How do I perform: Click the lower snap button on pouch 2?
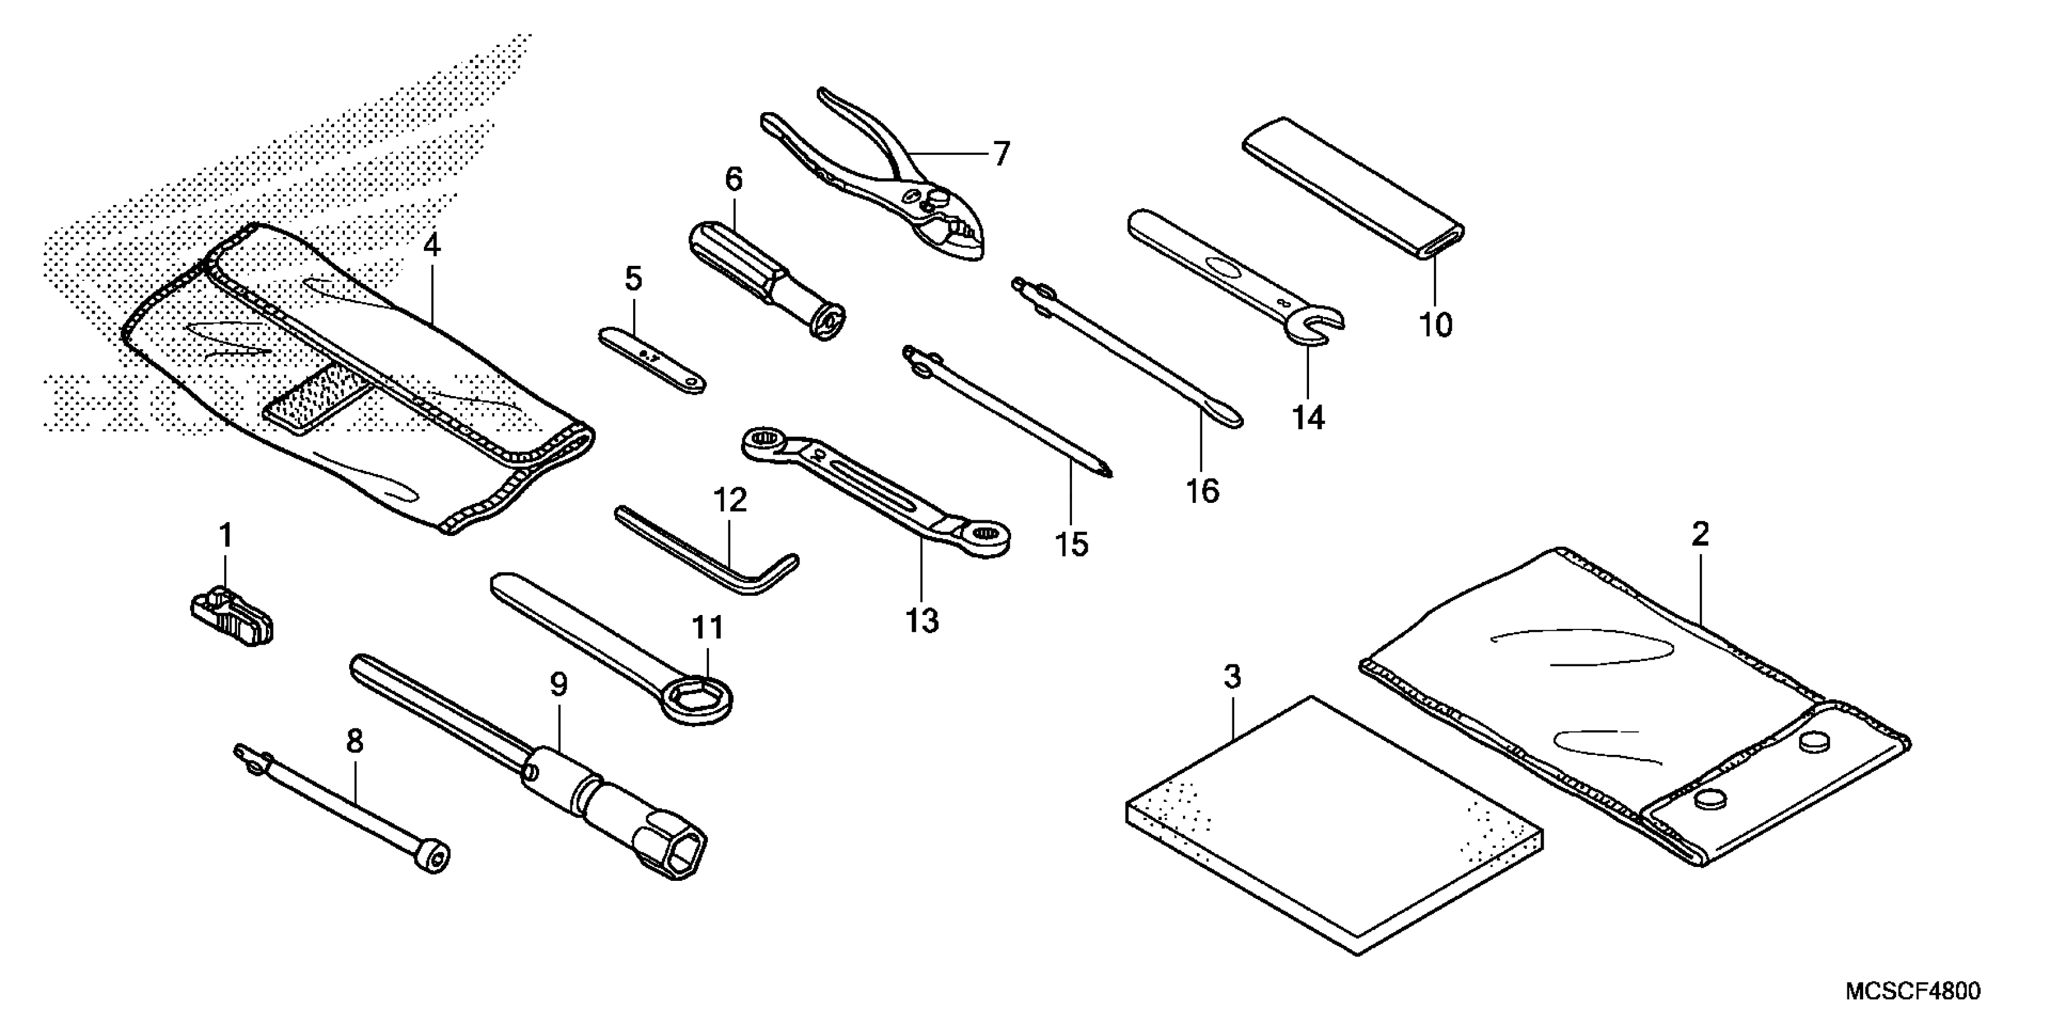pos(1704,798)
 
